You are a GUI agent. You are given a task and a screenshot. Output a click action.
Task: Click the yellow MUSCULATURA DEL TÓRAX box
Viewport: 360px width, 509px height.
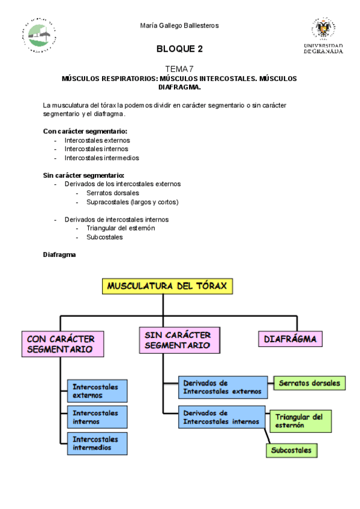tap(167, 286)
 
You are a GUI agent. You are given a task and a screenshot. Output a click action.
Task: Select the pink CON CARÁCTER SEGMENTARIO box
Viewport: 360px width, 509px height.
tap(62, 344)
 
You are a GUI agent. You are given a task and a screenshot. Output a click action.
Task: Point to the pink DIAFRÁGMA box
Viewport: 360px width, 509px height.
tap(290, 339)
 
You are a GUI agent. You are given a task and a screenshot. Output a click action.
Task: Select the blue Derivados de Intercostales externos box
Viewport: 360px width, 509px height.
tap(223, 387)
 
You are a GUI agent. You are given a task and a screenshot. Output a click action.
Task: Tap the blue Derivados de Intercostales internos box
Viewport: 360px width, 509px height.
tap(221, 417)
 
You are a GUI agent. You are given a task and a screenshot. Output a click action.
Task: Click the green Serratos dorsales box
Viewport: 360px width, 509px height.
tap(310, 382)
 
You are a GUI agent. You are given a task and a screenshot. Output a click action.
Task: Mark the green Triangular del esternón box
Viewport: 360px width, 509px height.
tap(300, 421)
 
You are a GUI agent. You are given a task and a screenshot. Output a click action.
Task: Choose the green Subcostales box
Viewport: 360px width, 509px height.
tap(292, 450)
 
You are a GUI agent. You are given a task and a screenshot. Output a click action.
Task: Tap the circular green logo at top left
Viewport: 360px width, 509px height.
tap(43, 37)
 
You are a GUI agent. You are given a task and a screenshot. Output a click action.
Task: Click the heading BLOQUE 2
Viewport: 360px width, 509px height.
tap(179, 49)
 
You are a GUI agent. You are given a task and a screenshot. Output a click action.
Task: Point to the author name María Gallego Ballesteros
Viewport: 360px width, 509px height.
tap(179, 26)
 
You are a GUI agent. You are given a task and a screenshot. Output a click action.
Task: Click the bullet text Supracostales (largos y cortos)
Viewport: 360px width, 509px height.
tap(132, 202)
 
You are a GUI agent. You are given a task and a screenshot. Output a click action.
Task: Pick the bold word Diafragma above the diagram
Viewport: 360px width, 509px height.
tap(59, 254)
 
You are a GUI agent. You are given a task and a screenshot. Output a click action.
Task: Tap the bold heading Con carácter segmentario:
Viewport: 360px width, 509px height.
tap(85, 131)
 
